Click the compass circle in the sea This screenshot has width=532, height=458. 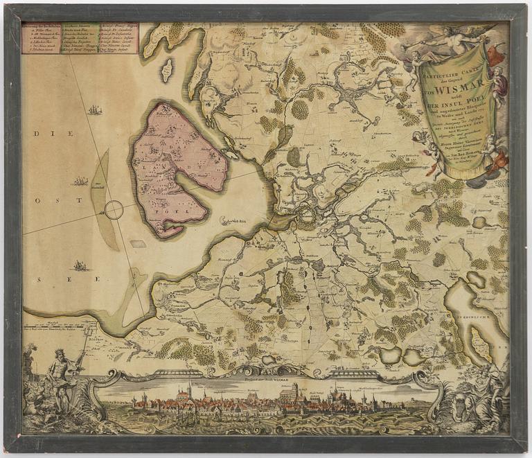(x=114, y=209)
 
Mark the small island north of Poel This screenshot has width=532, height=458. (x=166, y=69)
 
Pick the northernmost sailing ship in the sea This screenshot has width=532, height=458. (x=95, y=109)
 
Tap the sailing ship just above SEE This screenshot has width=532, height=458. (x=81, y=265)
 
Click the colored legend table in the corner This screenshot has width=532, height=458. (x=80, y=38)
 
